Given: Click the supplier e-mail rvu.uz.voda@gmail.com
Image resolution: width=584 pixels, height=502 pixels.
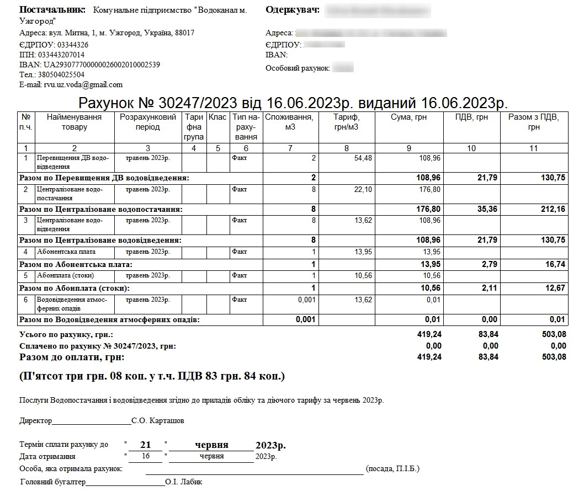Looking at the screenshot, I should [83, 85].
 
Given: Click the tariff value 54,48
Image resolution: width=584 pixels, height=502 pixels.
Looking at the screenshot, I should [363, 158].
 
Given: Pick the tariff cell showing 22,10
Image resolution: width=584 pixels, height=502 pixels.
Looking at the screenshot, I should [363, 190].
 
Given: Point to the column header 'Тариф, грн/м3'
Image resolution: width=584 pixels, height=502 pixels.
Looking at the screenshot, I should [347, 122].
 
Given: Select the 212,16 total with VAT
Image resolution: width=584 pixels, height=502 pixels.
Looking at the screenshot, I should [553, 210].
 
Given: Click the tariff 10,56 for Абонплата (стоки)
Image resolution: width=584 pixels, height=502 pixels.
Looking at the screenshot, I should [363, 276].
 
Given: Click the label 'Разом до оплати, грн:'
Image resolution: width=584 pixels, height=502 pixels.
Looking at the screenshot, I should [72, 357].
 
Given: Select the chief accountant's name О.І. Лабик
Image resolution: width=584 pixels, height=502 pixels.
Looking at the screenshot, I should [183, 482].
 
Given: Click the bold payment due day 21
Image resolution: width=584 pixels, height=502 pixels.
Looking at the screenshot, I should [145, 445].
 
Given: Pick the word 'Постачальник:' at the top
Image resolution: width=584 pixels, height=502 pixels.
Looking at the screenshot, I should [52, 10].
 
